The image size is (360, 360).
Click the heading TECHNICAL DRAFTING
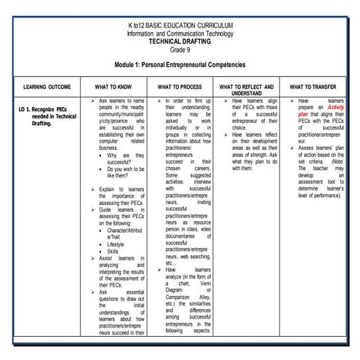click(180, 41)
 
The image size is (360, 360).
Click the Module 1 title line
click(180, 65)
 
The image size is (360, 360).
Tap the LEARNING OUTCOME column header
click(45, 87)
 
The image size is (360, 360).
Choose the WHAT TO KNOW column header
click(113, 87)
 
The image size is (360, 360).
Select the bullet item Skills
click(116, 251)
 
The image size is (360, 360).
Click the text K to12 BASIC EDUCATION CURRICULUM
click(180, 26)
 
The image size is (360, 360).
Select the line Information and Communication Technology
click(180, 33)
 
